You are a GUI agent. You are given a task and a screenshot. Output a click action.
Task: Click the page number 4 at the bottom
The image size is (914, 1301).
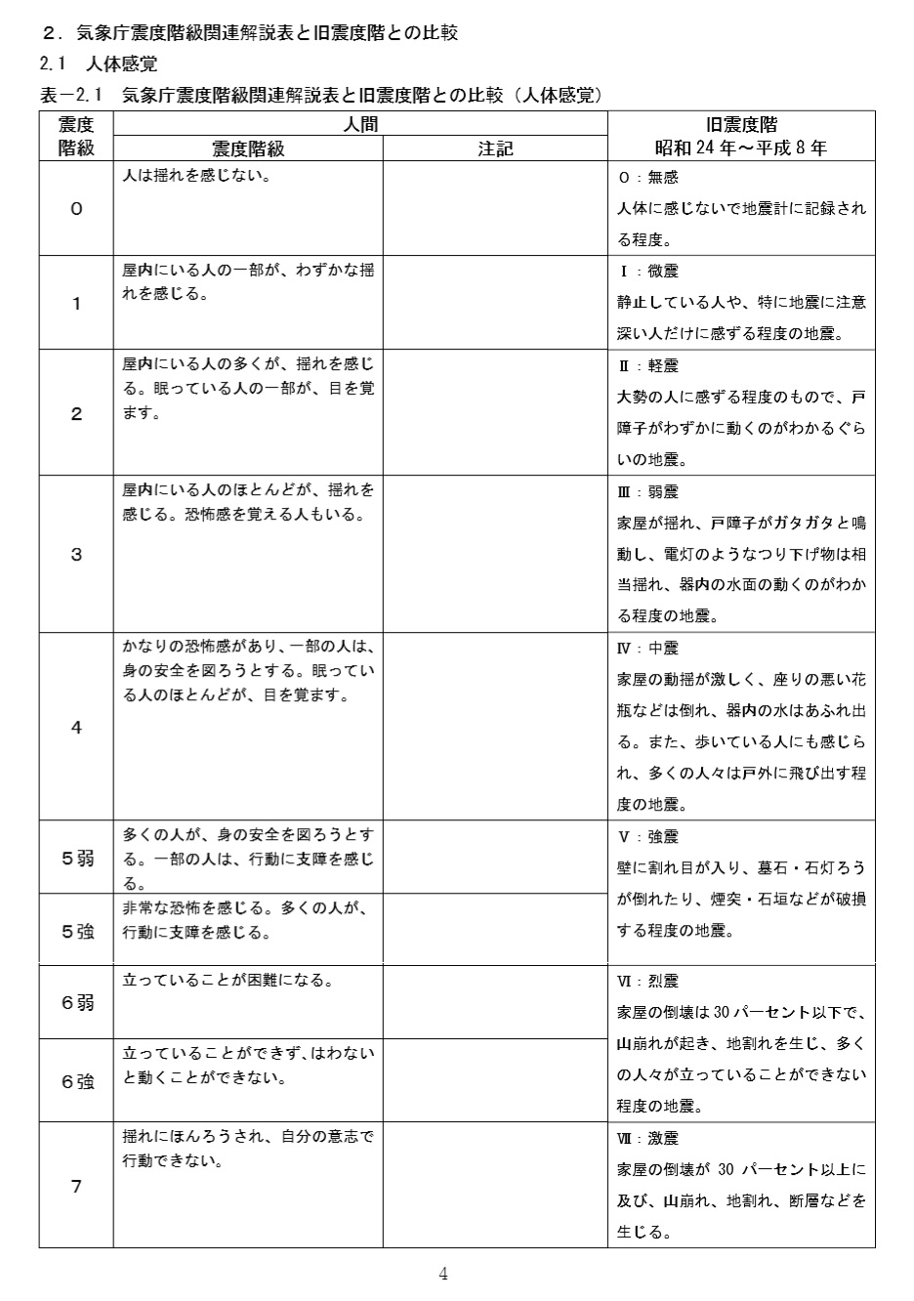(443, 1274)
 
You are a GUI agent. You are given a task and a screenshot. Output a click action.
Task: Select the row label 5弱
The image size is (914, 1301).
(77, 859)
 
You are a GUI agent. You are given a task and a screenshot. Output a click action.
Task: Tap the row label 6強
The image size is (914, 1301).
(77, 1081)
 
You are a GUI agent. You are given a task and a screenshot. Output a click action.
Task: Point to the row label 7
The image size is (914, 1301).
(76, 1187)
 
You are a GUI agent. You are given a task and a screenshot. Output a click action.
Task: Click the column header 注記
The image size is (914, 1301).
(495, 148)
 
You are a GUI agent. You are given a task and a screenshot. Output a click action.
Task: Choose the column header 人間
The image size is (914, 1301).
(360, 124)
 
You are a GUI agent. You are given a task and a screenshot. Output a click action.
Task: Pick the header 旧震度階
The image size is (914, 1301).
(741, 124)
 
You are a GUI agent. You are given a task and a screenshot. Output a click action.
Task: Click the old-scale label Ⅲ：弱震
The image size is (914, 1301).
(648, 491)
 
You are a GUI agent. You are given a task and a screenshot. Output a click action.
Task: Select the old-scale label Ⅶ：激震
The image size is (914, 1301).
(648, 1138)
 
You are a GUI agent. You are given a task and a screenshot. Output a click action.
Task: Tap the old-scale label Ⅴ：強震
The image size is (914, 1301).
(648, 836)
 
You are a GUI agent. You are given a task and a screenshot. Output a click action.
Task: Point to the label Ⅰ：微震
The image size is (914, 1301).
(648, 271)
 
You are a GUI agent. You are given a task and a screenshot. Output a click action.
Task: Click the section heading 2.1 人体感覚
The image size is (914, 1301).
(98, 64)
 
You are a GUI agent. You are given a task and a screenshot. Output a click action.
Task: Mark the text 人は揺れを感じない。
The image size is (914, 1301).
(196, 177)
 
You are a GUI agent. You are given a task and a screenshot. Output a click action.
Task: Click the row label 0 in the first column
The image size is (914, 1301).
(76, 209)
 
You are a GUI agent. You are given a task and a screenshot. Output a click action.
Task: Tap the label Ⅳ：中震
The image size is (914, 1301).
(648, 648)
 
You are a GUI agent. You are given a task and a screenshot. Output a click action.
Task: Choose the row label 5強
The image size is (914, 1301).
(77, 931)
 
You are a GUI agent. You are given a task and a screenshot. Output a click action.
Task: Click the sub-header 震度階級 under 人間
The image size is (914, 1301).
(248, 148)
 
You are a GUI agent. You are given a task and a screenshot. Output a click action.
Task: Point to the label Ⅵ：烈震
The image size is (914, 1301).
(648, 981)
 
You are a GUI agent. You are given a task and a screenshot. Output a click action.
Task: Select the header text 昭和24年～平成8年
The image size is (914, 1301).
(741, 148)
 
